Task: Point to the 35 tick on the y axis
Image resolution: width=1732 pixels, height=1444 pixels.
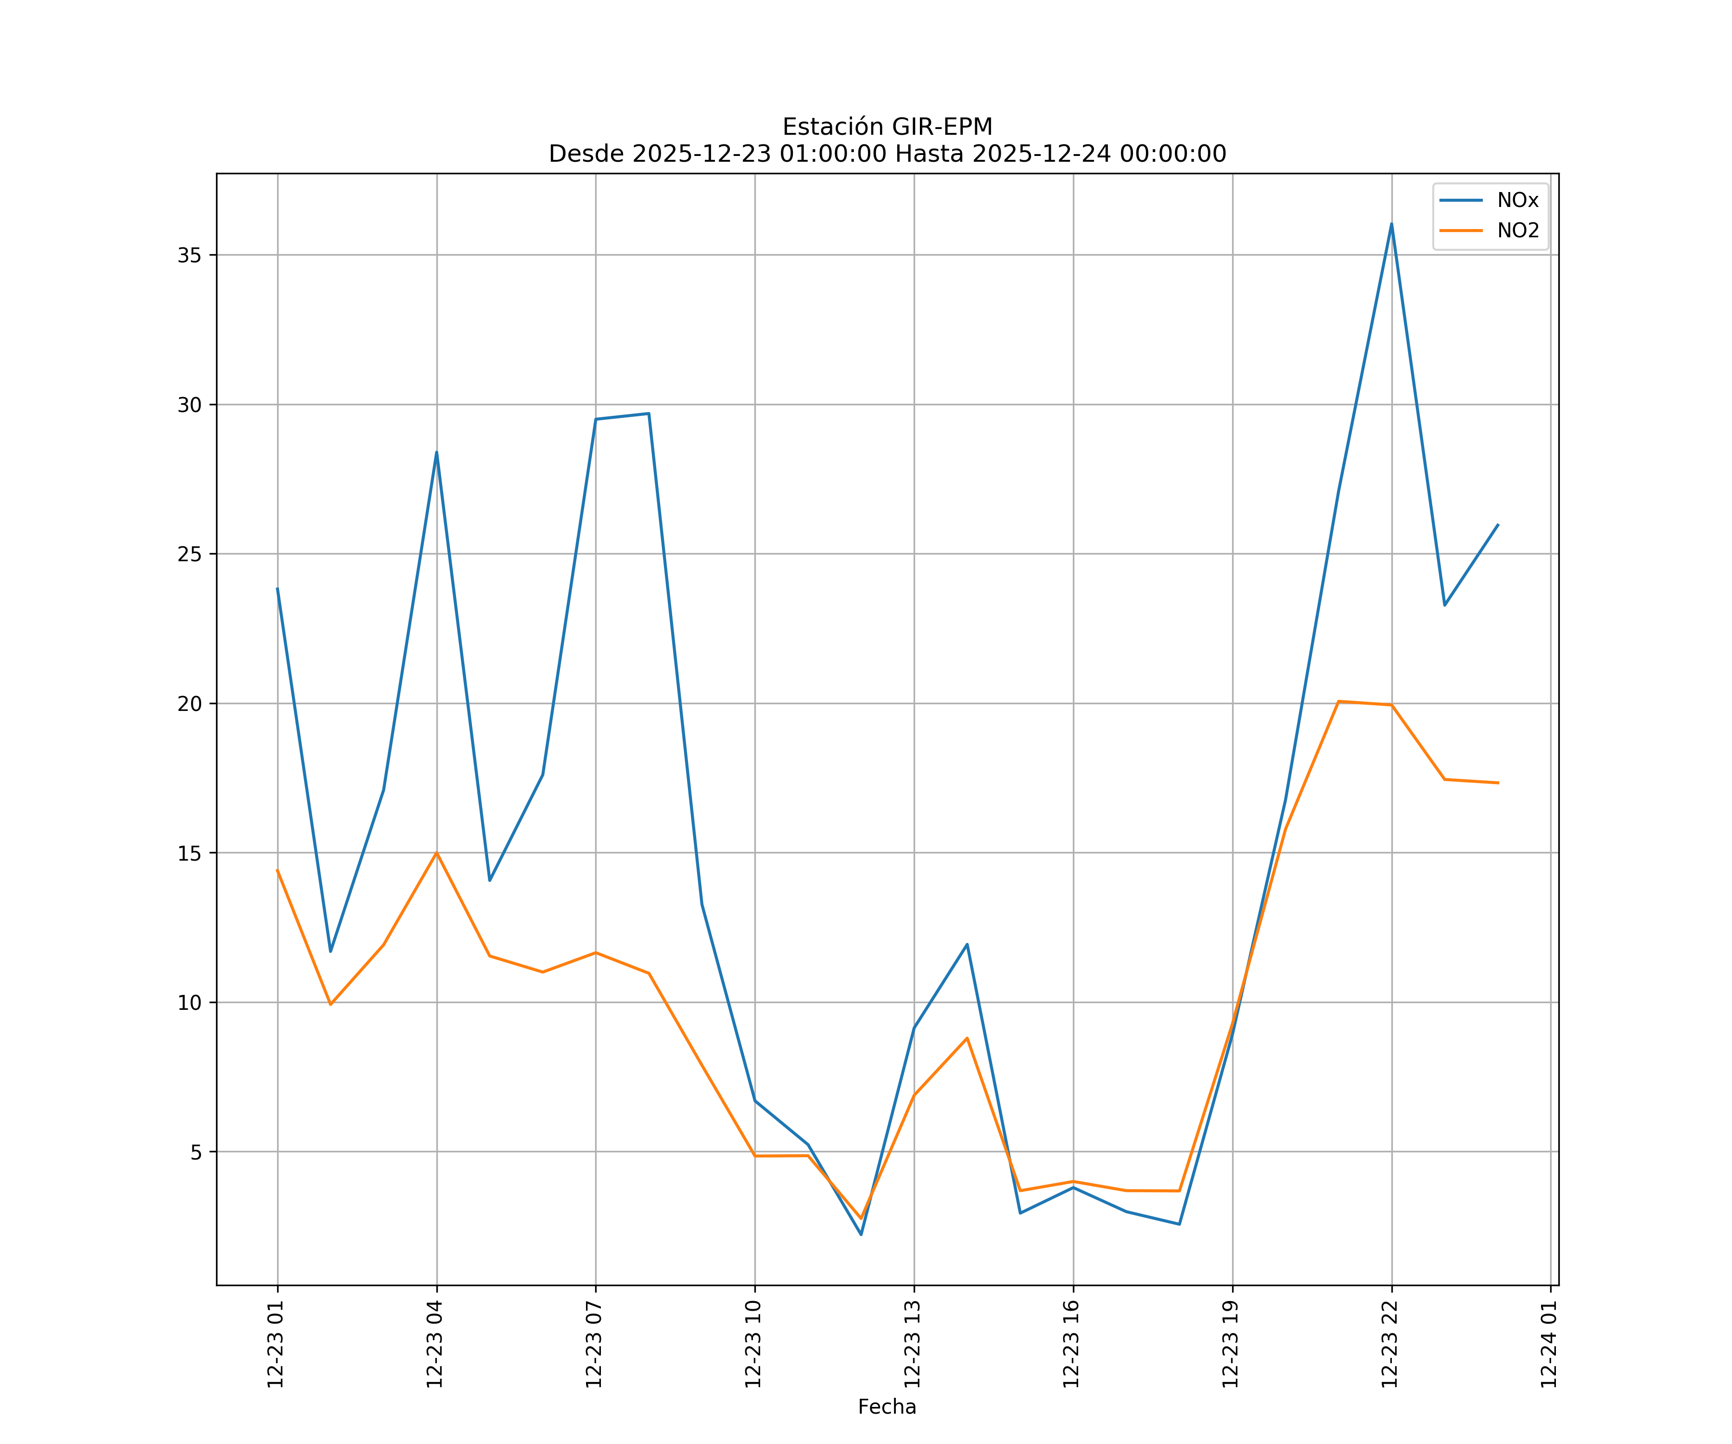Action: click(190, 255)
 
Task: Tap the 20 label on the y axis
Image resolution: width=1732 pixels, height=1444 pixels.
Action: click(190, 704)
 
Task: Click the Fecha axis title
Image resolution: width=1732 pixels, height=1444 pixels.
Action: click(887, 1407)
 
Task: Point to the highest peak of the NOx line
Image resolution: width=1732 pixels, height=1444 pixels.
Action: click(1391, 224)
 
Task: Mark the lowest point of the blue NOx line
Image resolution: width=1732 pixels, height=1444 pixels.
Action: click(861, 1235)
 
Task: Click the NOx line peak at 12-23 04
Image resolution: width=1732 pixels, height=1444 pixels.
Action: click(436, 452)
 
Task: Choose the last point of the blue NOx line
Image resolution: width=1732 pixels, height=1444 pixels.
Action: click(1498, 525)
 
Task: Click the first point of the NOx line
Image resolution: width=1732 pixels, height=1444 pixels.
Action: click(277, 588)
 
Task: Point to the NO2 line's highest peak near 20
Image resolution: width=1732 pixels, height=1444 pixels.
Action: click(1338, 701)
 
